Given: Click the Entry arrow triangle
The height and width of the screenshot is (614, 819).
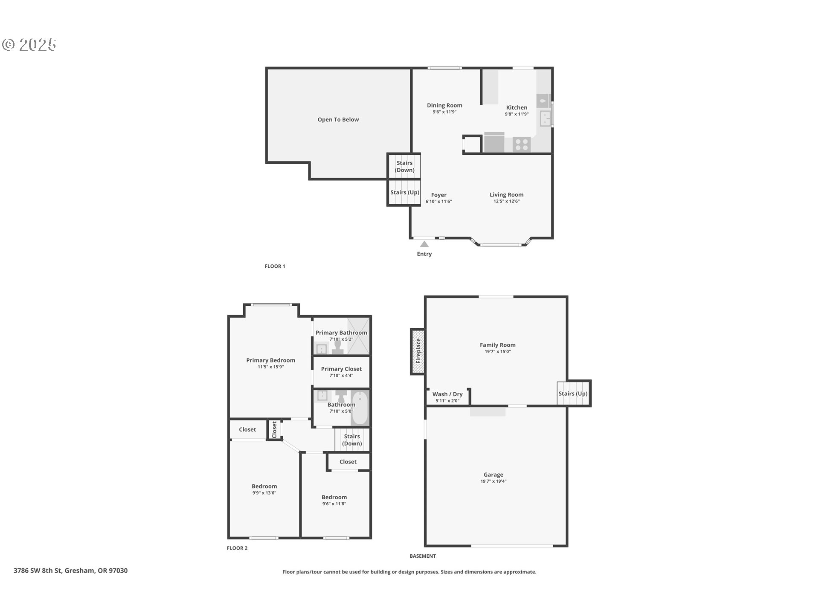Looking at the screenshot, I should click(x=424, y=244).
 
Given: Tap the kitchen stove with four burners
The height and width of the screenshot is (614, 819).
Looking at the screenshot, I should click(x=521, y=145).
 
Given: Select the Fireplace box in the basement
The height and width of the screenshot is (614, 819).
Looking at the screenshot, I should click(x=418, y=351).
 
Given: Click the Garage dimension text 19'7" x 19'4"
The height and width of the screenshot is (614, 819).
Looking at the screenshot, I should click(x=494, y=481).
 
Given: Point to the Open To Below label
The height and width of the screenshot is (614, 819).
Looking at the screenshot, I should click(x=338, y=119).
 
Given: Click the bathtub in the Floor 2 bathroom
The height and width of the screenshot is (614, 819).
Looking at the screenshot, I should click(x=360, y=408).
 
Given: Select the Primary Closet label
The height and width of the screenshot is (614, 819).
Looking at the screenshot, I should click(x=341, y=369).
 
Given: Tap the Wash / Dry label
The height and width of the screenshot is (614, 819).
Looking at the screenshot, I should click(x=447, y=394).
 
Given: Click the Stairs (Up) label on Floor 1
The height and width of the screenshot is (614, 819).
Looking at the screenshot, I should click(x=405, y=192).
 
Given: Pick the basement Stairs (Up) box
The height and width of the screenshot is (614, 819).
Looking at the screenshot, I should click(x=573, y=393).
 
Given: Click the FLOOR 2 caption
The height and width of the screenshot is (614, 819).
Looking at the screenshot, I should click(x=237, y=548).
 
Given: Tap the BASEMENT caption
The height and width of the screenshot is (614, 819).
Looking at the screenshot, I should click(x=423, y=556).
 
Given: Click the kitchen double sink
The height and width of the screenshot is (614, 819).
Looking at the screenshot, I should click(x=545, y=118).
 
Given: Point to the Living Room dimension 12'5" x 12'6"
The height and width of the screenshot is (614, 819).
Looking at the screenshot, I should click(x=506, y=201).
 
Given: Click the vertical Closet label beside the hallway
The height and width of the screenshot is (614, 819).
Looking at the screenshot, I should click(x=274, y=429).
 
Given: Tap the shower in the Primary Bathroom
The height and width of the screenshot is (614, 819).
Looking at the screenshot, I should click(x=358, y=336).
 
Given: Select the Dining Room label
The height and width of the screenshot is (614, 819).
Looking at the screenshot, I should click(x=444, y=105).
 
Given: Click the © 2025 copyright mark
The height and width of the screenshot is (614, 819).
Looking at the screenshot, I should click(x=29, y=45).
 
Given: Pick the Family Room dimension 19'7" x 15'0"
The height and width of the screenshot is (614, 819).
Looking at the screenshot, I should click(x=497, y=352).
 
